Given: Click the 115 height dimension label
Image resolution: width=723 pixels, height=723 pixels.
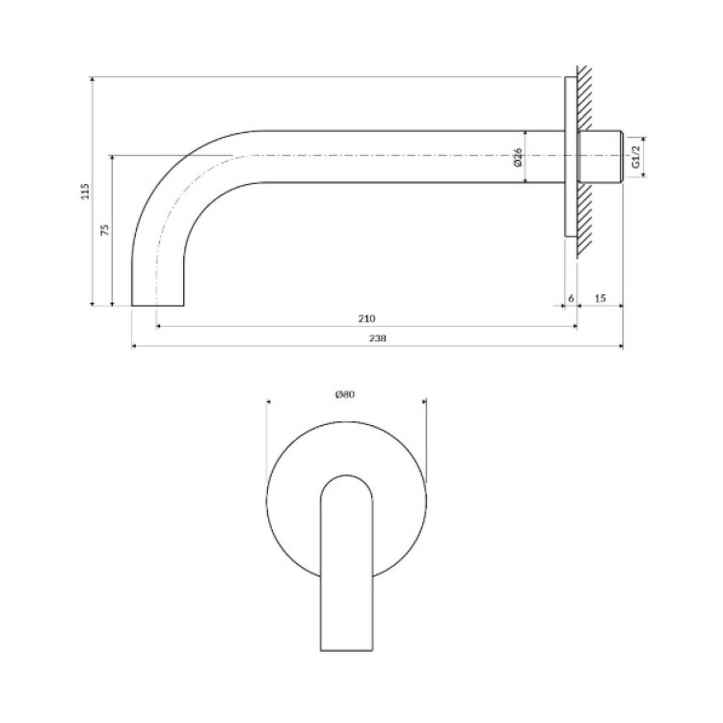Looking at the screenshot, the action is pos(85,191).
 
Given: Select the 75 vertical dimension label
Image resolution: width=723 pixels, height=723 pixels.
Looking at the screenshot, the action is pos(105,229).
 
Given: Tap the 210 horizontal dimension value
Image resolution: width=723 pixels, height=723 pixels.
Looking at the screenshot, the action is pos(366,318).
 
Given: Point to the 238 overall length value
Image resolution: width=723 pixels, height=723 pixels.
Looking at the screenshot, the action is pos(377,338).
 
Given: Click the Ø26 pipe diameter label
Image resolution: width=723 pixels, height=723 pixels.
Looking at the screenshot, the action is pos(518,157).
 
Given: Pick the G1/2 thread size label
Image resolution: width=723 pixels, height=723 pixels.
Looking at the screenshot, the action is pos(636,157).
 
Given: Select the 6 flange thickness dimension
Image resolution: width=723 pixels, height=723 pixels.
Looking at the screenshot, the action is pos(571,298).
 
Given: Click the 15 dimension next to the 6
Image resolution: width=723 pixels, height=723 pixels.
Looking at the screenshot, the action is pos(600,298).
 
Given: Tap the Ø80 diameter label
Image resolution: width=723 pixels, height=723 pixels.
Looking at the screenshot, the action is pos(345,394).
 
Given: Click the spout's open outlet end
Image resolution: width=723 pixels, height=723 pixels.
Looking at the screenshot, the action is pos(158,306).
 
